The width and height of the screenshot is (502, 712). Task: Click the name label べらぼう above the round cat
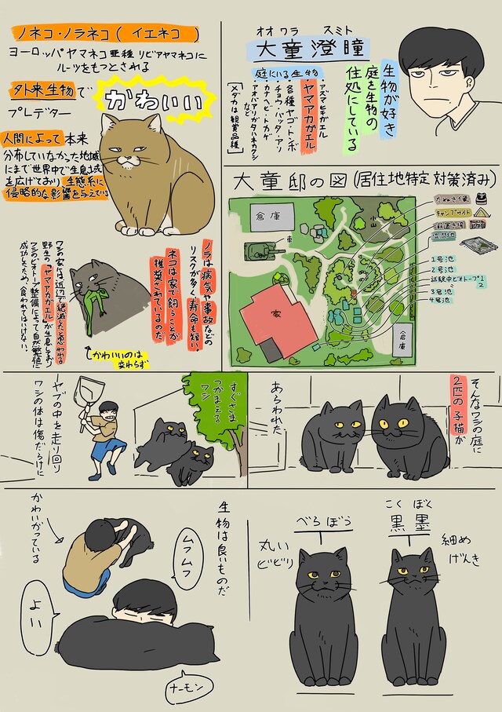click(x=318, y=524)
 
